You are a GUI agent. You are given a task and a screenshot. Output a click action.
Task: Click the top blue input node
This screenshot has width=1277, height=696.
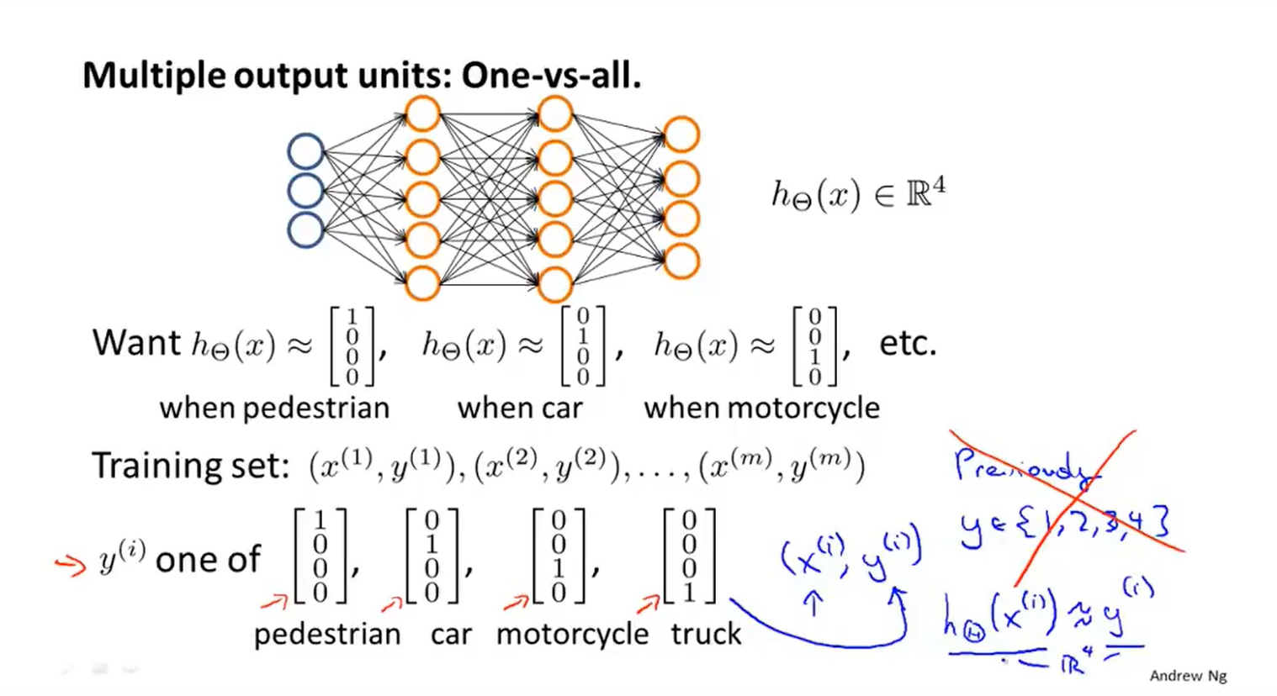pos(305,152)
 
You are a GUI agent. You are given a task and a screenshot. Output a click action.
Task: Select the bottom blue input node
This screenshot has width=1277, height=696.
pos(305,229)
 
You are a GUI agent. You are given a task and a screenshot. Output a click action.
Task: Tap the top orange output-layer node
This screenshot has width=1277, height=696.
pos(681,135)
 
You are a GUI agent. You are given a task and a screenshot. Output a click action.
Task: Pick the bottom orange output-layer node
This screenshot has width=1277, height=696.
pos(681,261)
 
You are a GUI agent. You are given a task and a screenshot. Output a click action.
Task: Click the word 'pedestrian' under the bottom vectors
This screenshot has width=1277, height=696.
pos(327,634)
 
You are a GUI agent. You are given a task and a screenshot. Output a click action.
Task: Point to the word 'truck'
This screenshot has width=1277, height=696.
pos(706,634)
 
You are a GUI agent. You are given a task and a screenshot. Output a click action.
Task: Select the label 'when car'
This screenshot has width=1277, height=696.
pos(520,409)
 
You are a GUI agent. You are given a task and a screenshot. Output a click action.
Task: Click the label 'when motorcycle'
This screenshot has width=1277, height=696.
pos(761,409)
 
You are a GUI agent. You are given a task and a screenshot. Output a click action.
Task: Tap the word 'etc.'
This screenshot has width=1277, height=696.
pos(908,343)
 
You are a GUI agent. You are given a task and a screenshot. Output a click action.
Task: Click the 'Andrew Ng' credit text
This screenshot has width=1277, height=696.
pos(1188,676)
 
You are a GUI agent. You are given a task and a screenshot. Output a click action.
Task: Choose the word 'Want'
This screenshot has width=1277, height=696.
pos(136,343)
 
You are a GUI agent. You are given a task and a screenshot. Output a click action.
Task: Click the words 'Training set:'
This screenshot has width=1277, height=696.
pos(190,466)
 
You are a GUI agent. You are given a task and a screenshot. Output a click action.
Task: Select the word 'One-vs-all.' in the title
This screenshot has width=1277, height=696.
pos(551,76)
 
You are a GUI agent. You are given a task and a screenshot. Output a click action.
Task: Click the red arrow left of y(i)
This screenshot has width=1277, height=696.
pos(71,564)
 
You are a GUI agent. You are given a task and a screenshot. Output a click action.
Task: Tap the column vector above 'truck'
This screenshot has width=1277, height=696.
pos(689,556)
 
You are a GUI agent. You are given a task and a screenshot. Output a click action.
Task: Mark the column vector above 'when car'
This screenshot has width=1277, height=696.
pos(583,345)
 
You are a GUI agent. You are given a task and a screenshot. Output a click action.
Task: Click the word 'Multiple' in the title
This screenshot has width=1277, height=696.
pos(153,76)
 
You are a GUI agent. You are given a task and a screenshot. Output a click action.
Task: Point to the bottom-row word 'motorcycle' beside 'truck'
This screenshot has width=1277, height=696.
pos(572,634)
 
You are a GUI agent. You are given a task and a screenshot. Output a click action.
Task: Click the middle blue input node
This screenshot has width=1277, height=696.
pos(305,191)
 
